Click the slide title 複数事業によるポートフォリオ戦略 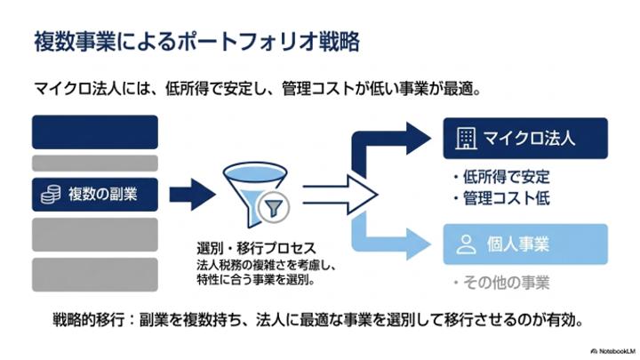point(196,42)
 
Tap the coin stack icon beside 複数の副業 point(51,195)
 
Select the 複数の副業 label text point(102,195)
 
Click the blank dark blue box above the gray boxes point(95,132)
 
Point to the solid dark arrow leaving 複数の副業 point(192,195)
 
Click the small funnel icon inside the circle point(274,208)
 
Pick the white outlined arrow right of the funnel point(340,195)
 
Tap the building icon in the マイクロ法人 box point(466,139)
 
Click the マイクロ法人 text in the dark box point(530,139)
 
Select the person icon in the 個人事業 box point(466,244)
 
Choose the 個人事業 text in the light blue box point(518,244)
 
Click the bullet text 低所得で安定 point(506,177)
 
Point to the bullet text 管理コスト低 point(506,198)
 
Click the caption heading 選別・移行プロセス point(256,248)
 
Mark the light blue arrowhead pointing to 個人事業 point(419,244)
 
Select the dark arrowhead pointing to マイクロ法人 point(419,139)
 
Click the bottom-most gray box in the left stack point(95,275)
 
